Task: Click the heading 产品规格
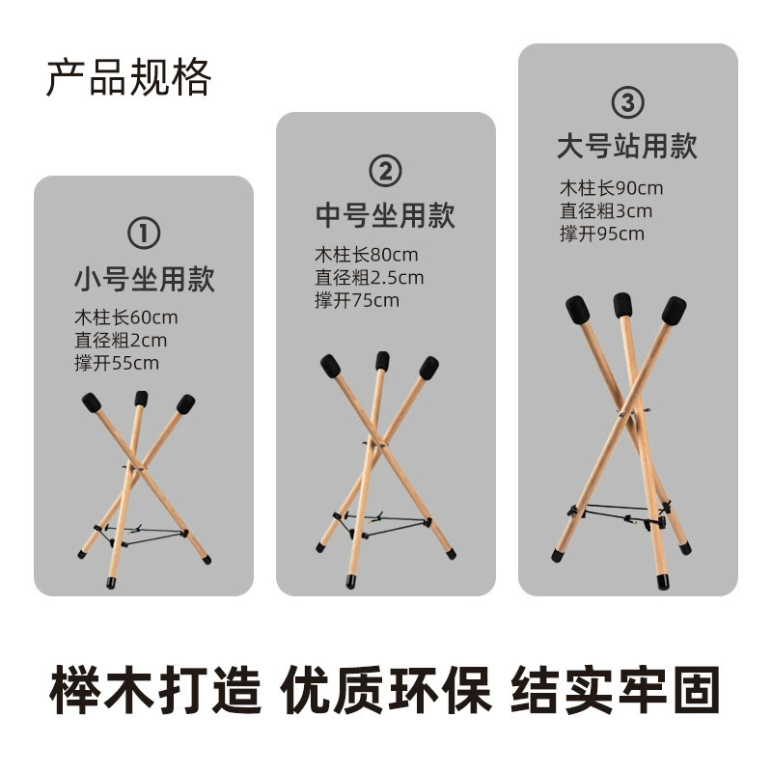click(128, 77)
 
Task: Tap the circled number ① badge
click(144, 234)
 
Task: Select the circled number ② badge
click(385, 171)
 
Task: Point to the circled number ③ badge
click(628, 102)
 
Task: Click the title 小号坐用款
click(144, 279)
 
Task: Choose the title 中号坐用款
click(385, 215)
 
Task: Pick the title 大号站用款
click(627, 146)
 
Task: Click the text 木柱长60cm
click(126, 317)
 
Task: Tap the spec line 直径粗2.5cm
click(370, 278)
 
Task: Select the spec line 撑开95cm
click(601, 234)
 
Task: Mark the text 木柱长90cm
click(611, 188)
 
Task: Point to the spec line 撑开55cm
click(117, 364)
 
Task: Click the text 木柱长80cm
click(367, 255)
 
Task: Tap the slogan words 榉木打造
click(155, 690)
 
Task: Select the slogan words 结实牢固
click(616, 690)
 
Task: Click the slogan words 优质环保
click(386, 690)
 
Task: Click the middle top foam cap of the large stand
click(622, 305)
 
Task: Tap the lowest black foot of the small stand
click(111, 583)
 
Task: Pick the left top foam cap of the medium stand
click(330, 367)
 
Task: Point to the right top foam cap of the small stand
click(185, 404)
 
